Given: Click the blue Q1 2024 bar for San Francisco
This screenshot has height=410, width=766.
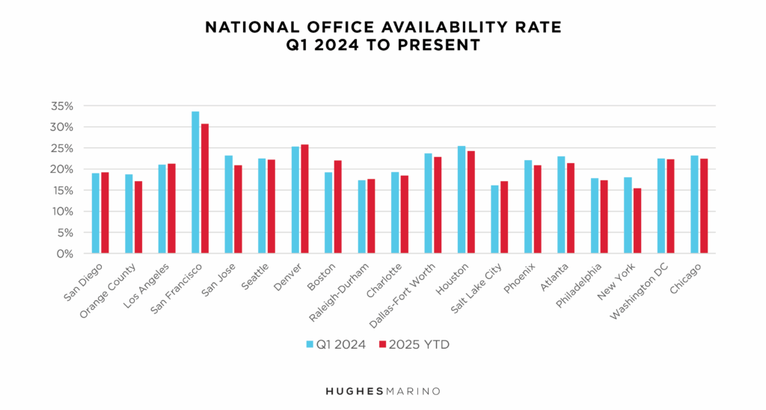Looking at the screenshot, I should [195, 183].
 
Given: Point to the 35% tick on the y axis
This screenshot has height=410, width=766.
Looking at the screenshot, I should [62, 106].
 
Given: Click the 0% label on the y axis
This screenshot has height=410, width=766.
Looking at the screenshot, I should [66, 254].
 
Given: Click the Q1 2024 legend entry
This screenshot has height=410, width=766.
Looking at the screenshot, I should [336, 344].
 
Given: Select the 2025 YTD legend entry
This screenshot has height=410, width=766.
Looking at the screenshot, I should [416, 344].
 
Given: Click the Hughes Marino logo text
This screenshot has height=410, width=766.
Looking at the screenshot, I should [382, 391].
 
